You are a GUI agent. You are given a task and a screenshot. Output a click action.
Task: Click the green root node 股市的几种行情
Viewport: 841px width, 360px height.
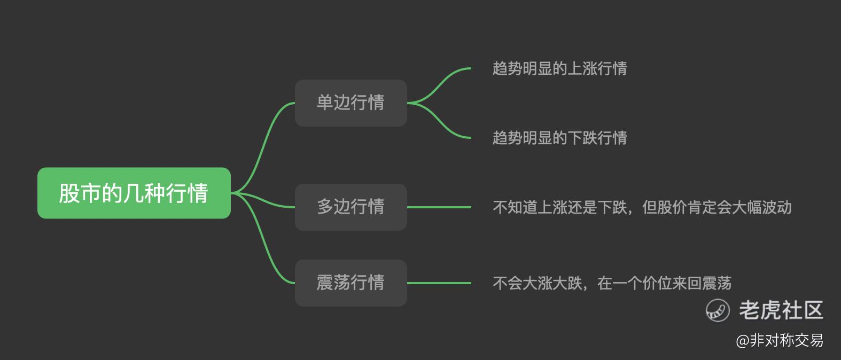coord(134,193)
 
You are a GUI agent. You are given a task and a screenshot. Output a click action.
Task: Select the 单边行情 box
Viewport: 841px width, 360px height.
coord(351,103)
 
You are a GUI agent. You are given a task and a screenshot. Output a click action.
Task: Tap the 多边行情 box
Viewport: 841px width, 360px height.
coord(351,207)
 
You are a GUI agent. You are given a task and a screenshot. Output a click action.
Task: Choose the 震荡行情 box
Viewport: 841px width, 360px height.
coord(351,283)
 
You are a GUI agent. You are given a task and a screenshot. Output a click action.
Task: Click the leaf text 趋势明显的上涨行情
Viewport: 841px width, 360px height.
coord(559,68)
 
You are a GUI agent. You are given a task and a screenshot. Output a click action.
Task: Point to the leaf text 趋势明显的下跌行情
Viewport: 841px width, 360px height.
coord(559,138)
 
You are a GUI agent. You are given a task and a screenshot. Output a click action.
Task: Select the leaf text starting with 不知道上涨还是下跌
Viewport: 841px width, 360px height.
coord(642,207)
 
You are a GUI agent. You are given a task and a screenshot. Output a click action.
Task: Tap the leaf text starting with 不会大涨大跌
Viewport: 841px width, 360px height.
coord(612,283)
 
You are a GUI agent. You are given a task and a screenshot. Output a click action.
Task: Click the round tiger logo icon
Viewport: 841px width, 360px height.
coord(718,310)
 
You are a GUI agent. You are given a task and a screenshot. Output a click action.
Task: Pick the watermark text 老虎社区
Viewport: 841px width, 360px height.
coord(781,310)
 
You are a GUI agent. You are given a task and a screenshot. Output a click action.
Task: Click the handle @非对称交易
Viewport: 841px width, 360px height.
coord(780,340)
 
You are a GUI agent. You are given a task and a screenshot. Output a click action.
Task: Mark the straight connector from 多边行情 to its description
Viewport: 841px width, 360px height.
coord(439,207)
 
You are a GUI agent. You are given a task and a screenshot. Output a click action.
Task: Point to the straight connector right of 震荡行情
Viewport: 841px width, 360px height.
coord(439,283)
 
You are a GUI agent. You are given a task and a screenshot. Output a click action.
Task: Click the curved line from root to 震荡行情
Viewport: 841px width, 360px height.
coord(263,240)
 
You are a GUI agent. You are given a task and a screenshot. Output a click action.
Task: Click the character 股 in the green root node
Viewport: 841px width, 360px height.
coord(69,193)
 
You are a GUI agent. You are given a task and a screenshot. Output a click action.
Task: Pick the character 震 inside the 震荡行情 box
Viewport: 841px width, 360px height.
coord(325,283)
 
